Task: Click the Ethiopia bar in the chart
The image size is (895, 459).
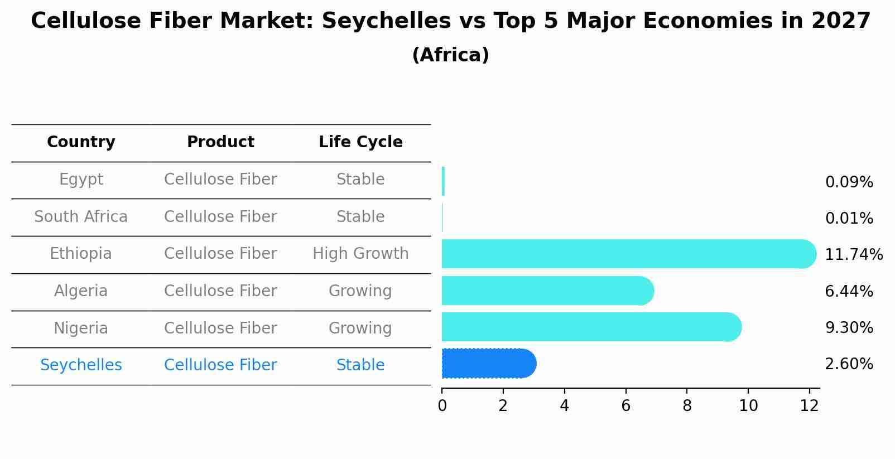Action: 628,254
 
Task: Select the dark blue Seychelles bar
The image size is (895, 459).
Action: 488,364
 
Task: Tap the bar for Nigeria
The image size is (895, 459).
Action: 591,327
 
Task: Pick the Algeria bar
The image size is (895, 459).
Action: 547,291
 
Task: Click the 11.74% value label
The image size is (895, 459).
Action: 853,255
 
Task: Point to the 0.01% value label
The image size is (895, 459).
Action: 849,219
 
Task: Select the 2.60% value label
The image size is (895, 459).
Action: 849,364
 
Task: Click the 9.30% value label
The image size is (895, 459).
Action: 849,328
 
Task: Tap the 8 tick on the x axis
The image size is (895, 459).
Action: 687,406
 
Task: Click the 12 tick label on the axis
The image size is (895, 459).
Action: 809,406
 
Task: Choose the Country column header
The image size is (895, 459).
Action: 81,142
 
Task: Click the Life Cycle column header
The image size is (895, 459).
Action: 360,142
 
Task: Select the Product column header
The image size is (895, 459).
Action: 220,142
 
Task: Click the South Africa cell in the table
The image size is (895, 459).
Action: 81,217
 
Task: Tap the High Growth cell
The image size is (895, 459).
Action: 360,254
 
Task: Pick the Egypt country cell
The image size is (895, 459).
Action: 81,180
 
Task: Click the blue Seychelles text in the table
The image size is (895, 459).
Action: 81,365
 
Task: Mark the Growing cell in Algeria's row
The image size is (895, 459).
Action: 360,291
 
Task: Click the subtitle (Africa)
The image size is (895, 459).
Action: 450,55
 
